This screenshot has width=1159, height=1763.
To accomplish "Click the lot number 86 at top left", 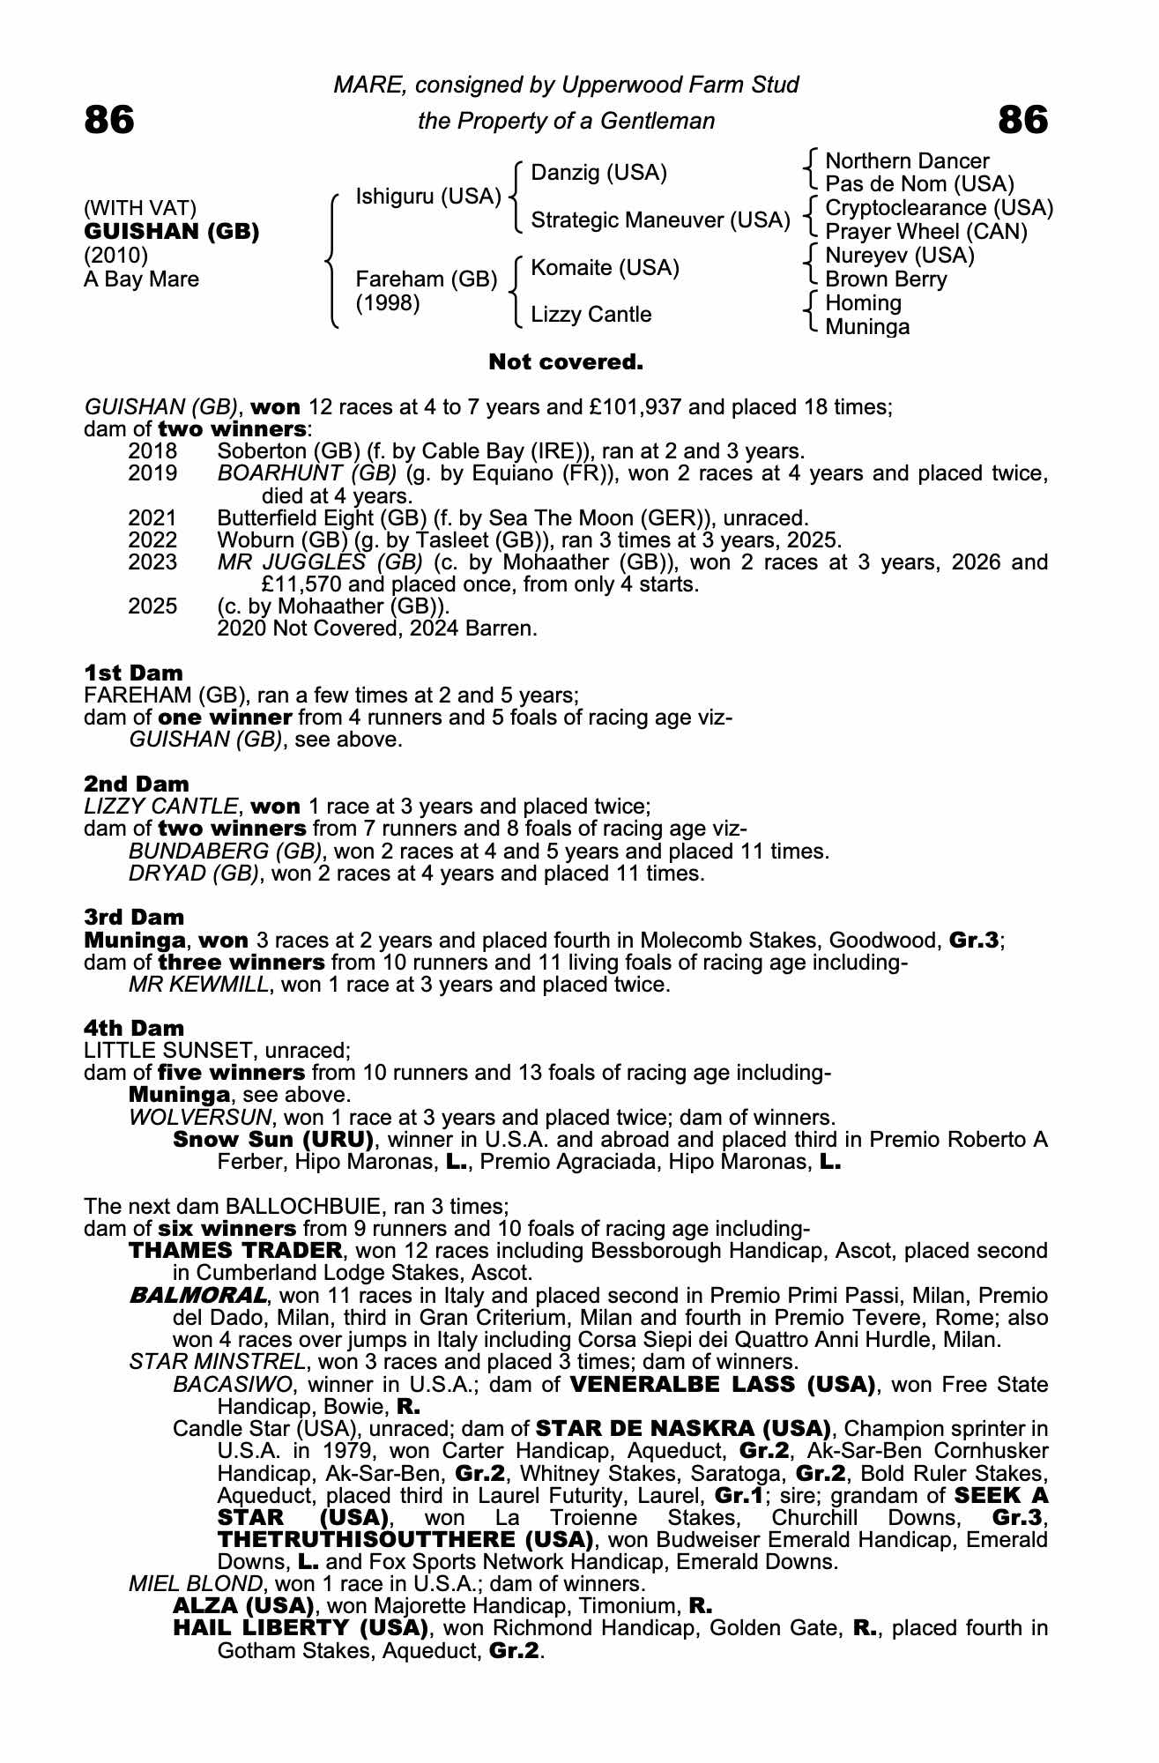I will coord(109,120).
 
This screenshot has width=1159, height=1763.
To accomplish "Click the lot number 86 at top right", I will coord(1023,120).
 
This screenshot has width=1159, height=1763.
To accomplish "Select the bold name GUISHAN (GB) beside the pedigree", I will coord(171,233).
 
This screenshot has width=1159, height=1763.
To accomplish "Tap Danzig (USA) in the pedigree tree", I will coord(599,173).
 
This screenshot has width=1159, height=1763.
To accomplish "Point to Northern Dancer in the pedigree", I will coord(907,161).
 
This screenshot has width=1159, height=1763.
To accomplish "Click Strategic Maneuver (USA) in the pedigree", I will coord(660,220).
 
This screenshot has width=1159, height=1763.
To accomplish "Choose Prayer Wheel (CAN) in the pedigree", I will coord(926,232).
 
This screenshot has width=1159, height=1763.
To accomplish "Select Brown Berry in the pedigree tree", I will coord(886,279).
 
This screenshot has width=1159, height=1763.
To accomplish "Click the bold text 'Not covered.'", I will coord(566,362).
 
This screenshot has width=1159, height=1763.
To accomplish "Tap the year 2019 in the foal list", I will coord(152,473).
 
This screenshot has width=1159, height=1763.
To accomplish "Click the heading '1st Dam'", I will coord(133,673).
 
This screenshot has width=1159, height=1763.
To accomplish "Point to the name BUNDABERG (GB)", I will coord(225,852).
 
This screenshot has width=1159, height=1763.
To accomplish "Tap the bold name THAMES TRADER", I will coord(235,1250).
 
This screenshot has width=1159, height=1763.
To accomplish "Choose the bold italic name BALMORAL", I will coord(197,1295).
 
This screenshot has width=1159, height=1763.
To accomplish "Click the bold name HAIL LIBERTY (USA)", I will coord(301,1627).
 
